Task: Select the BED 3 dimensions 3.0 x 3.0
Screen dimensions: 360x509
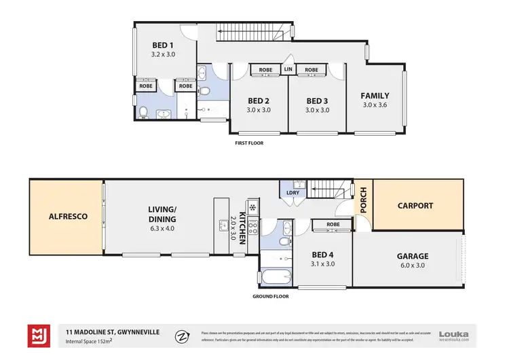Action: (x=317, y=110)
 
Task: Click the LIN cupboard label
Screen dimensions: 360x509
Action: (x=288, y=70)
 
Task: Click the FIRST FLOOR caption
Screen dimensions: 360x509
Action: (x=248, y=143)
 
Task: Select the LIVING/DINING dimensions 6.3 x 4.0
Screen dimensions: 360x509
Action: (x=162, y=229)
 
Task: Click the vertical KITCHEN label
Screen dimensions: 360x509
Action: (x=242, y=219)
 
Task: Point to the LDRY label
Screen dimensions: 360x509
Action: (x=293, y=194)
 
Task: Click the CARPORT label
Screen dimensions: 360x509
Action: (x=415, y=205)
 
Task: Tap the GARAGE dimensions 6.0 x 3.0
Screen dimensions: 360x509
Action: (x=412, y=266)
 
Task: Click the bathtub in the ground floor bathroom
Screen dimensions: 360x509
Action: (x=276, y=277)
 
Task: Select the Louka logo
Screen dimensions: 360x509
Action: (x=453, y=334)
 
